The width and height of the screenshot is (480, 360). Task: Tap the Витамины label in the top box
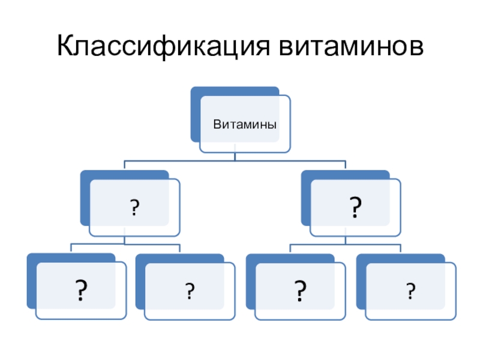point(245,125)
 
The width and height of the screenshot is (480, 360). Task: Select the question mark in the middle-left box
point(134,208)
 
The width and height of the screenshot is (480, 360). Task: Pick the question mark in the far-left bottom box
point(79,290)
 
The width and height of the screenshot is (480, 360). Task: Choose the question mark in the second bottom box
point(189,291)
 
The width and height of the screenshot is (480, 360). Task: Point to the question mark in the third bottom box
point(299,290)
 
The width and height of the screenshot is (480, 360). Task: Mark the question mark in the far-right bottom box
point(410,291)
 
